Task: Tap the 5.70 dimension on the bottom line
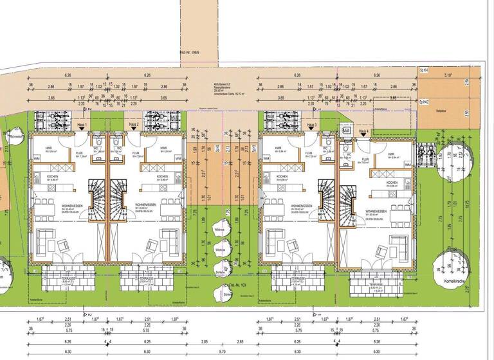click(x=223, y=352)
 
